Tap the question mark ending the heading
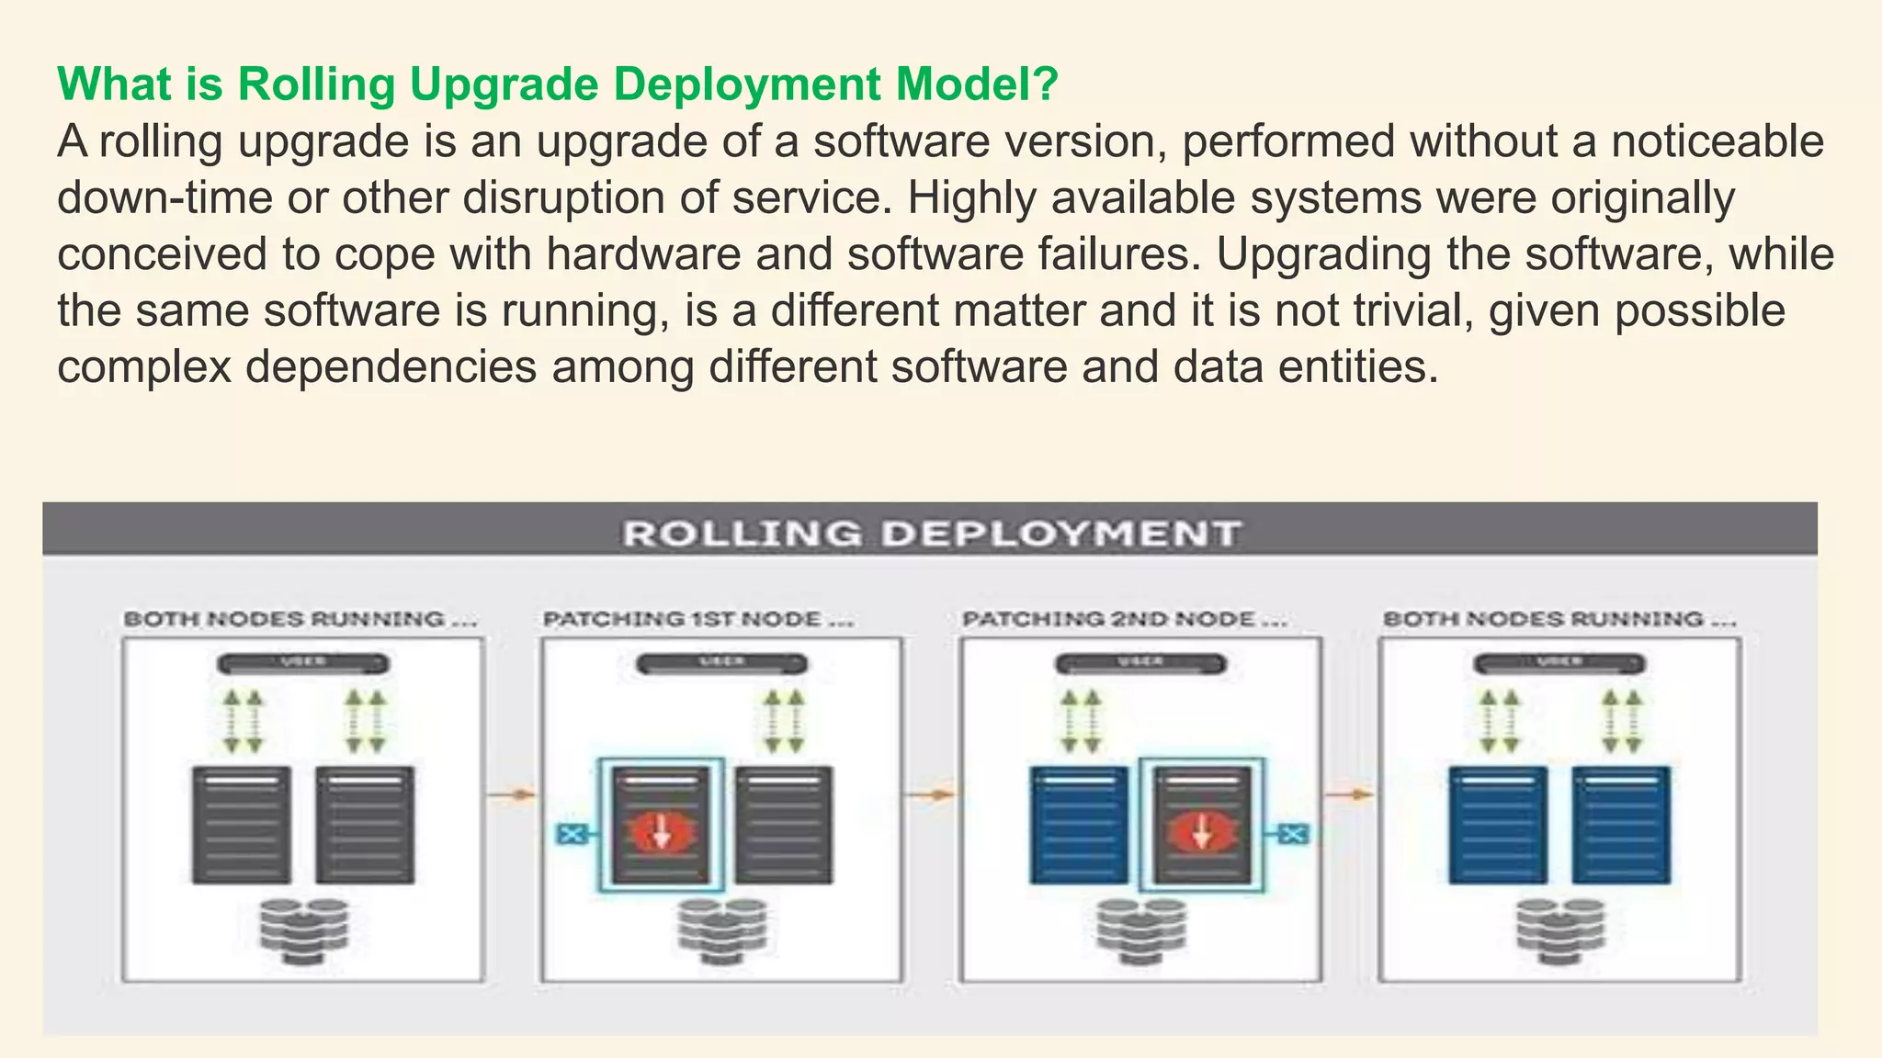point(1047,84)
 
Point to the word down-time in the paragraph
point(164,197)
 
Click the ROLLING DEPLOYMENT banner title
point(931,533)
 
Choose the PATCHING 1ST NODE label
point(698,619)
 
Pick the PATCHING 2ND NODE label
point(1124,619)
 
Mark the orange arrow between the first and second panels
point(512,793)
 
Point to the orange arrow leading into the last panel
point(1350,793)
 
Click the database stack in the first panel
point(303,930)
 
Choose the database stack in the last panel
point(1559,930)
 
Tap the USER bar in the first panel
point(302,663)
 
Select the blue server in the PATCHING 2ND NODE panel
point(1078,824)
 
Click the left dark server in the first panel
point(241,824)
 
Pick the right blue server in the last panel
point(1621,824)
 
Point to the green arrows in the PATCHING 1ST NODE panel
point(784,722)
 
